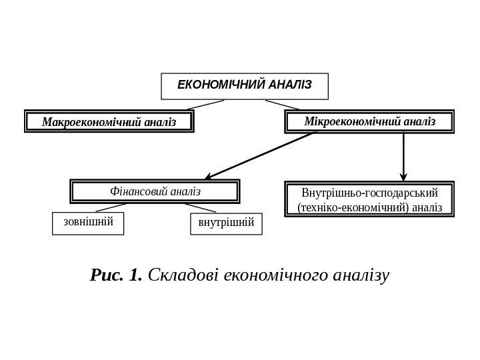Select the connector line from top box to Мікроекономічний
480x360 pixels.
(283, 105)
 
